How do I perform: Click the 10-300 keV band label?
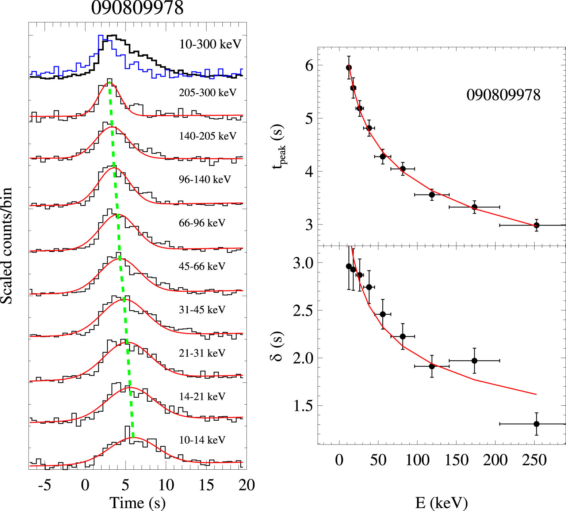point(210,44)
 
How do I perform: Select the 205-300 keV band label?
point(207,92)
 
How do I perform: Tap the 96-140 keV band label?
point(205,179)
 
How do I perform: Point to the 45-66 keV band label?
point(202,266)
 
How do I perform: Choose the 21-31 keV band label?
point(202,353)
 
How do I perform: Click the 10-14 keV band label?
point(202,440)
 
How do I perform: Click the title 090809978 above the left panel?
point(137,8)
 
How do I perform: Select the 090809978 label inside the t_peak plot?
point(503,95)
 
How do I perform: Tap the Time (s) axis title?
point(138,503)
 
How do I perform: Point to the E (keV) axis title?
point(441,503)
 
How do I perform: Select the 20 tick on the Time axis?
point(246,485)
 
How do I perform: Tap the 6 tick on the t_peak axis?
point(309,66)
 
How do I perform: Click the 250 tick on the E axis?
point(534,460)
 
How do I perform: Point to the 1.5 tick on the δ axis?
point(303,406)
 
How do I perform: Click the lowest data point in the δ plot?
point(536,424)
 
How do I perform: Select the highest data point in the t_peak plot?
point(349,68)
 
